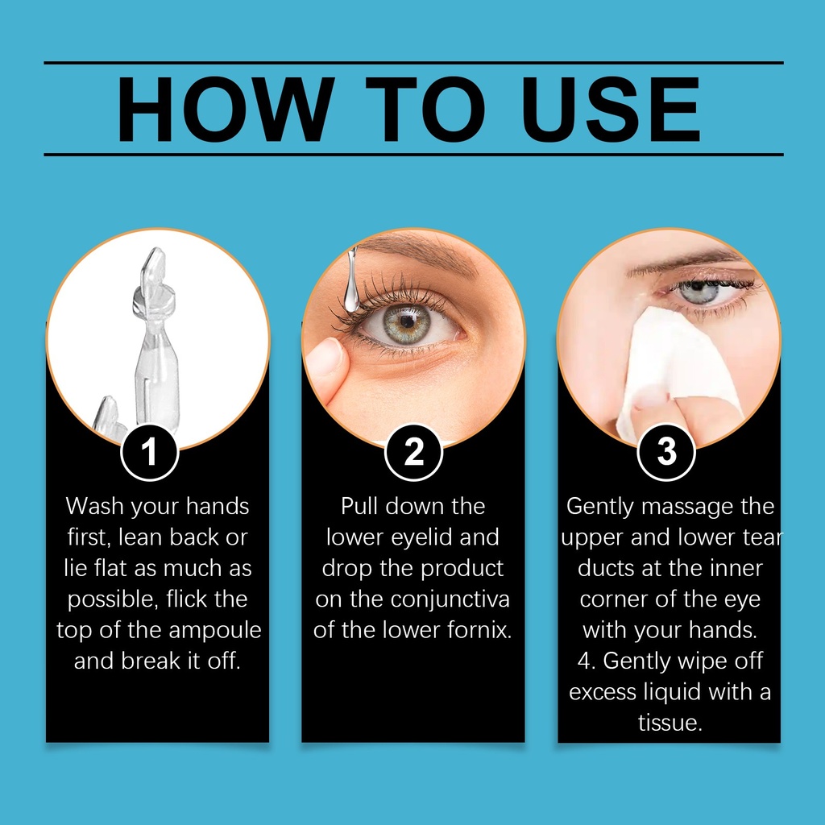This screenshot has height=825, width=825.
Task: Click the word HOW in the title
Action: coord(226,110)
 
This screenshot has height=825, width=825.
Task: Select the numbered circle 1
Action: coord(149,452)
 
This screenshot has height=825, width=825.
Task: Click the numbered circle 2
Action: coord(413,452)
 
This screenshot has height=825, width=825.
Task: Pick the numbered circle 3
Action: coord(666,452)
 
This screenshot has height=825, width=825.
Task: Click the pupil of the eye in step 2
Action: coord(407,321)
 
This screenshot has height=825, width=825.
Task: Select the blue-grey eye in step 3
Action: coord(699,292)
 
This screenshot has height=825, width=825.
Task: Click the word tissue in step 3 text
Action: coord(670,723)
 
